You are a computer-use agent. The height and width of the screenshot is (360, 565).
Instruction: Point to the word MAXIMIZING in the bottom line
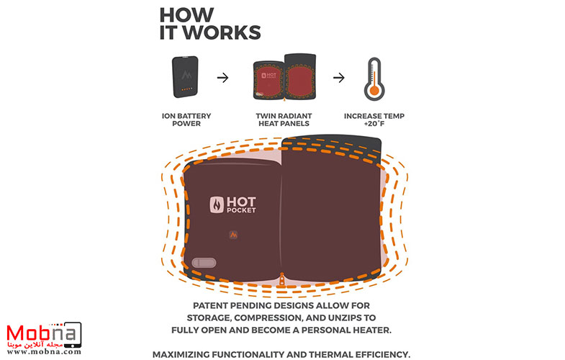(189, 354)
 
